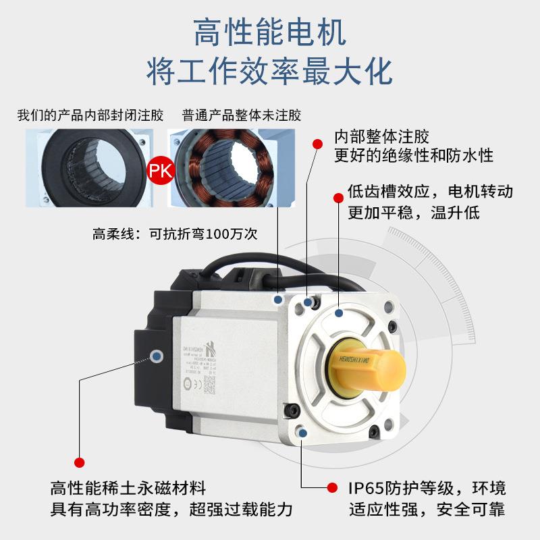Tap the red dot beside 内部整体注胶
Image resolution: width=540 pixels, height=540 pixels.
[x=317, y=142]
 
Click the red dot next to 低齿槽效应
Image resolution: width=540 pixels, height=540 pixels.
[x=339, y=197]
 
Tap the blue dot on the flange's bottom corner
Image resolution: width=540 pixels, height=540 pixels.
[x=302, y=433]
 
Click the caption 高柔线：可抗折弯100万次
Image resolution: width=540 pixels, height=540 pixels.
[x=175, y=235]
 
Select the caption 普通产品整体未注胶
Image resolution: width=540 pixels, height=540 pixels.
[x=241, y=115]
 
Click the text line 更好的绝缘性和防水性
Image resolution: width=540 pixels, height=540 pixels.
[x=414, y=156]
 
